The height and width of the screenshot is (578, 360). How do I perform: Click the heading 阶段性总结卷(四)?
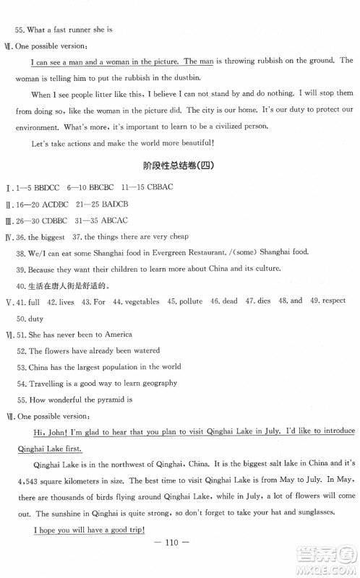coord(179,165)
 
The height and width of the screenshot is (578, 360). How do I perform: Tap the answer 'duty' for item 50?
coord(35,319)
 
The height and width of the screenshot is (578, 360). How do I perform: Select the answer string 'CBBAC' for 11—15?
coord(157,187)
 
